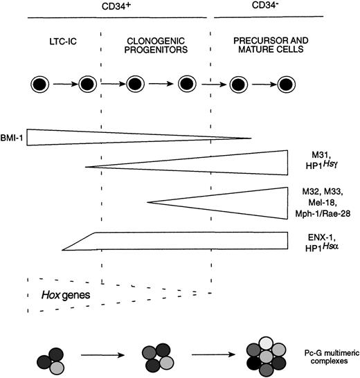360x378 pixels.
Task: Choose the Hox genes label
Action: (x=57, y=296)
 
